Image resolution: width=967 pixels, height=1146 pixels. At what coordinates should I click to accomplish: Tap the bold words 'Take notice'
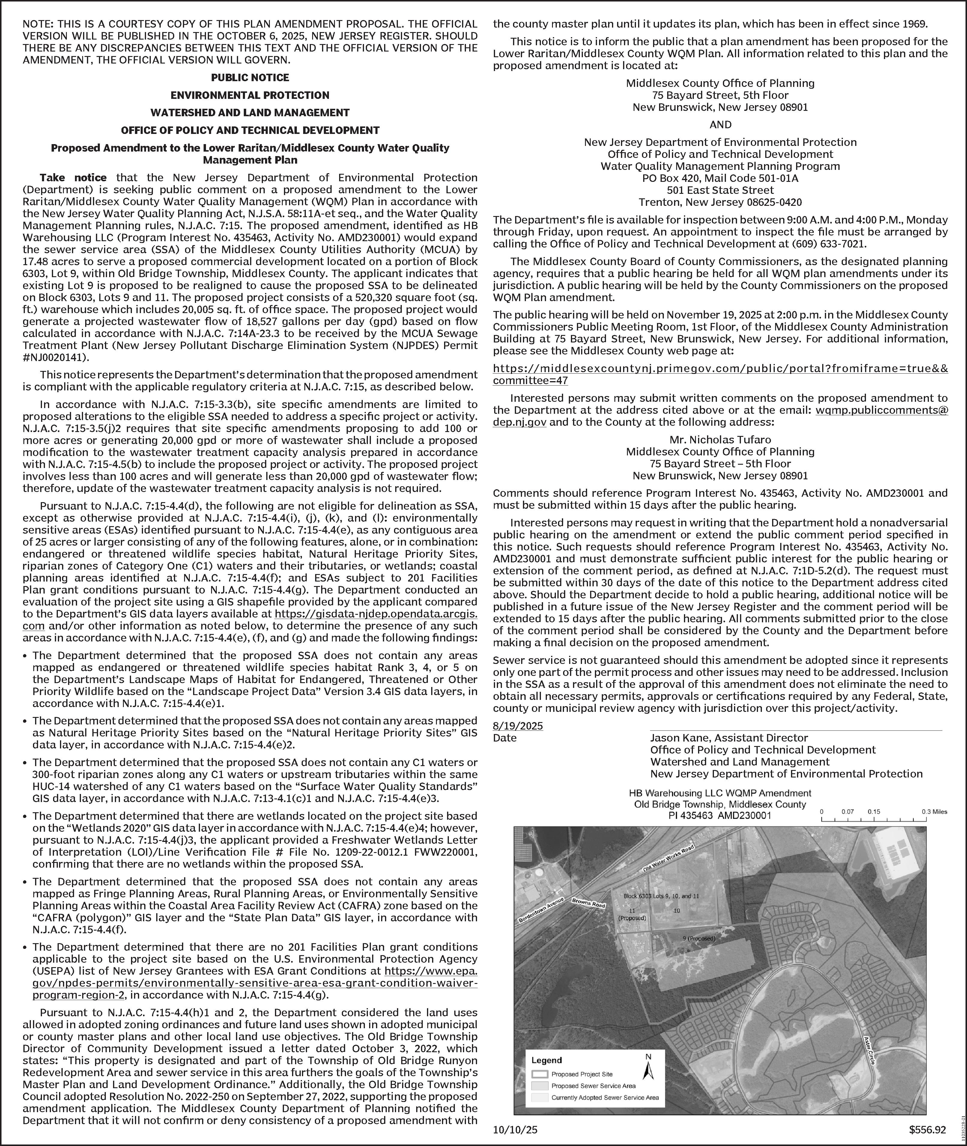tap(73, 177)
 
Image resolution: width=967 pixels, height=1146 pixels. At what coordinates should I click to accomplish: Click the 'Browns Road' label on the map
tap(588, 902)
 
